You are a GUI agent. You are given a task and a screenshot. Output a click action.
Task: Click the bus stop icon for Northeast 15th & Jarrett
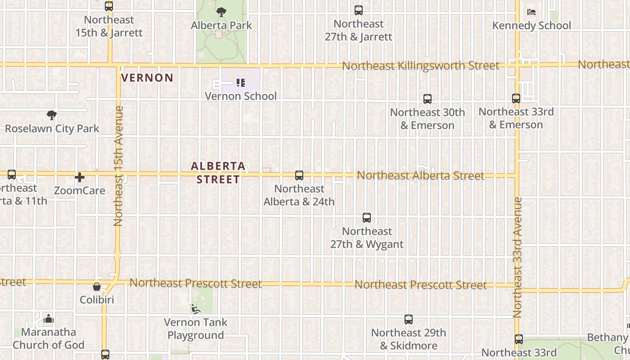point(109,6)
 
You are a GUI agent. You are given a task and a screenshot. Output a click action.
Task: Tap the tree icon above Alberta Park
point(221,12)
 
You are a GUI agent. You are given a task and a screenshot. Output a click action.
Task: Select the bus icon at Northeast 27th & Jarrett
point(359,10)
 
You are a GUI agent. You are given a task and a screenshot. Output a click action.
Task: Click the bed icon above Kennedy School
point(531,12)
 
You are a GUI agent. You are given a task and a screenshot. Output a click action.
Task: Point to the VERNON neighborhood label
point(147,78)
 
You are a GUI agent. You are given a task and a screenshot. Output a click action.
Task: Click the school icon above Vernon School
point(241,83)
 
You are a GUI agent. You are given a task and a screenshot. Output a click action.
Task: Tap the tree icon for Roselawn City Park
point(52,115)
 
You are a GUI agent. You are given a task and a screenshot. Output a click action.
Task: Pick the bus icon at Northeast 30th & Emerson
point(427,99)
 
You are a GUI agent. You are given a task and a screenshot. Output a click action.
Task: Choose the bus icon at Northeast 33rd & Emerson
point(516,98)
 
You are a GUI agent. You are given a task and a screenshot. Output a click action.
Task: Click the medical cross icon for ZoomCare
point(80,177)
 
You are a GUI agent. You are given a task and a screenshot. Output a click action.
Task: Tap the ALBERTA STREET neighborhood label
point(218,173)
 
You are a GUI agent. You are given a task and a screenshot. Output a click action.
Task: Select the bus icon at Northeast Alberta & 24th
point(299,175)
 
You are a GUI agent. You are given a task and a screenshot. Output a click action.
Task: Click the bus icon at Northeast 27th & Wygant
point(367,218)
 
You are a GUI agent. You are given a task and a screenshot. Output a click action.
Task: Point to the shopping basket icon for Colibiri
point(97,287)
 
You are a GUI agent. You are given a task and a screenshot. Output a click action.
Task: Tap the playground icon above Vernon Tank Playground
point(195,309)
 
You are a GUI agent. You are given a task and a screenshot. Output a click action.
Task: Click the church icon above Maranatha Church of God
point(49,319)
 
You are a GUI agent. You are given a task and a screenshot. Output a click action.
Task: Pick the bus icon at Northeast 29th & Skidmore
point(409,319)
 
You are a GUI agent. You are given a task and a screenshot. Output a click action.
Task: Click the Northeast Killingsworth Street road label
point(420,66)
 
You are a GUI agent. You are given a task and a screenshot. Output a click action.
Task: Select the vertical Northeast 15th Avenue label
point(119,166)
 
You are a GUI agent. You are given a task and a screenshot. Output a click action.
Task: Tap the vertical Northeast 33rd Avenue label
point(517,257)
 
